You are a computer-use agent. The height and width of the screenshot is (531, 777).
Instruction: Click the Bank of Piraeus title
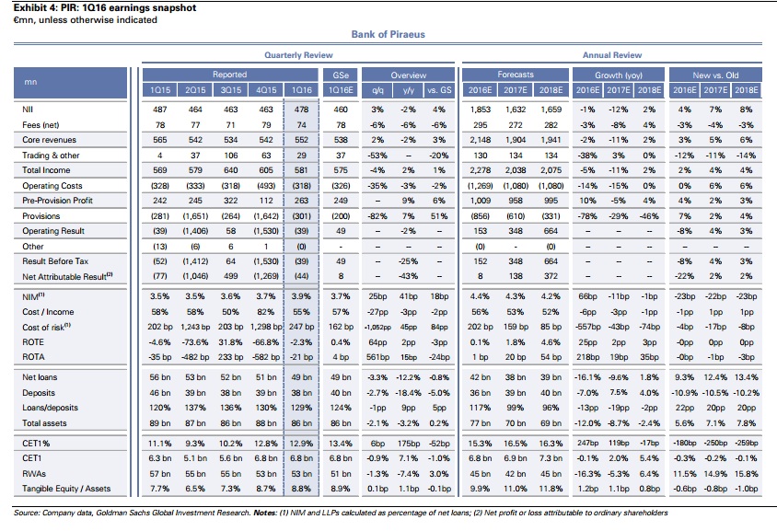(388, 34)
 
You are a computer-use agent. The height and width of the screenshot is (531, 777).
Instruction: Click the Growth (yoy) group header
(618, 74)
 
